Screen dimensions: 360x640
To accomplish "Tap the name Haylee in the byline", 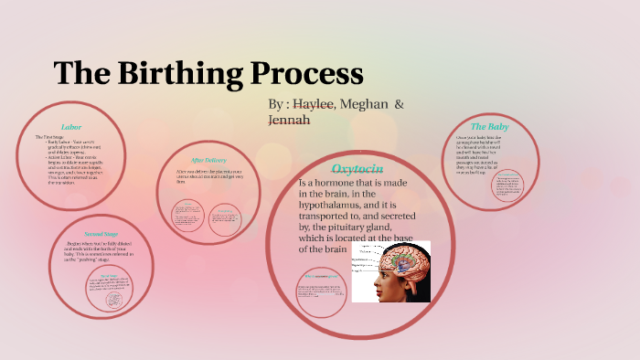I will tap(313, 105).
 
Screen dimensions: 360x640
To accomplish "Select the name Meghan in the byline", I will tap(360, 105).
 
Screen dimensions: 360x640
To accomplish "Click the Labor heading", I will tap(71, 126).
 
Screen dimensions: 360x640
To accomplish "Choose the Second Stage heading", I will tap(99, 232).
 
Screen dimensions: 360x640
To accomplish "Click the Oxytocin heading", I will tap(357, 169).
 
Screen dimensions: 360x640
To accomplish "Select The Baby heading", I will tap(489, 126).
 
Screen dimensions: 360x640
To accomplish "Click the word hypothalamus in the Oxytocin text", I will tap(347, 208).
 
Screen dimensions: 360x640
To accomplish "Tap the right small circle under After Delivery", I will tap(224, 214).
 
